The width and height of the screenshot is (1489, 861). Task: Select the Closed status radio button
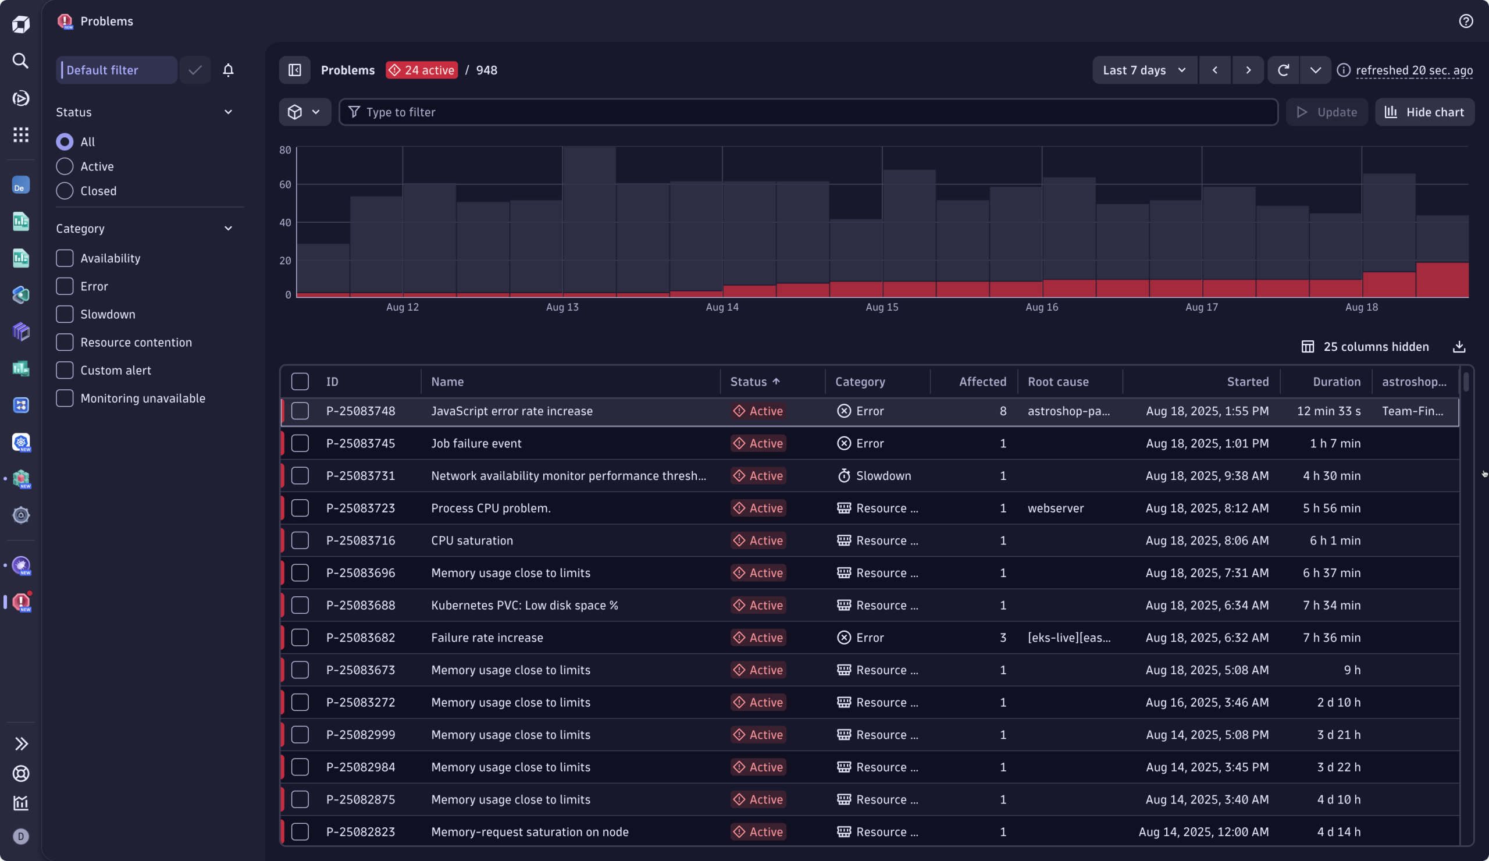65,191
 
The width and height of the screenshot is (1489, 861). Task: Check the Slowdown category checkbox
65,314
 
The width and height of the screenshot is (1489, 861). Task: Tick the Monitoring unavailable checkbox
65,399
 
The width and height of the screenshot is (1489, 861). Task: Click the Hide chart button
1424,112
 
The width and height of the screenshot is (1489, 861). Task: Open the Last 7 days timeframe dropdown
1144,70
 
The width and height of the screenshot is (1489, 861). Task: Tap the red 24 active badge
421,70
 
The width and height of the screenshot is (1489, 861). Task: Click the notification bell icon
228,70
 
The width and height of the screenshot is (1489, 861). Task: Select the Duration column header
1336,382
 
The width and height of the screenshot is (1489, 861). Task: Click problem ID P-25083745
361,443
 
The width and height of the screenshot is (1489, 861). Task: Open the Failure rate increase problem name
487,638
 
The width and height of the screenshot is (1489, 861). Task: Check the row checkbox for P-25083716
300,540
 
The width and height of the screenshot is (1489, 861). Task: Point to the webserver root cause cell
1055,508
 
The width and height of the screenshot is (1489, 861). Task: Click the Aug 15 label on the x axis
882,307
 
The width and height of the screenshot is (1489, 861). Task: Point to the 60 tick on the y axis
286,185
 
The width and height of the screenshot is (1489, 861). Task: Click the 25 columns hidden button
1365,347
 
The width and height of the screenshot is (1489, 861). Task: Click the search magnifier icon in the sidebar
21,61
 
